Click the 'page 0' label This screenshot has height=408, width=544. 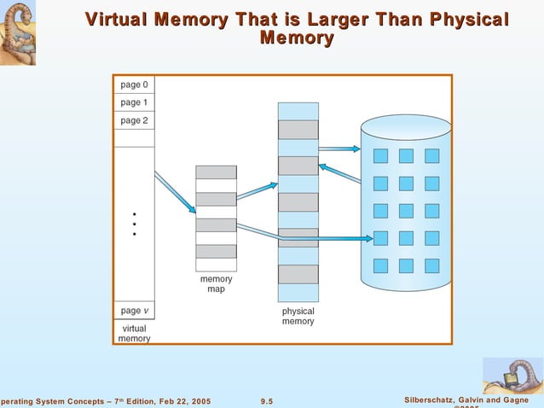pyautogui.click(x=134, y=85)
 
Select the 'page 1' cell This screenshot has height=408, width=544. pyautogui.click(x=134, y=102)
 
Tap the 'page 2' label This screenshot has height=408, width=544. pyautogui.click(x=134, y=120)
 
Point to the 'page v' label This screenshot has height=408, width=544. pyautogui.click(x=134, y=310)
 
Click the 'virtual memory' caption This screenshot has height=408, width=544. pyautogui.click(x=135, y=333)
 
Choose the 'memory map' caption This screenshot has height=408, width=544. pyautogui.click(x=216, y=283)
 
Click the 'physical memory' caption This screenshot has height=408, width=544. pyautogui.click(x=298, y=316)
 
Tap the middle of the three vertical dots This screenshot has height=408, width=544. pyautogui.click(x=134, y=224)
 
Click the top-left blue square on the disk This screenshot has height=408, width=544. pyautogui.click(x=380, y=156)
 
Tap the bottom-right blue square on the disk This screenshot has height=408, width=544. pyautogui.click(x=431, y=265)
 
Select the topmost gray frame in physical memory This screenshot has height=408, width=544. pyautogui.click(x=298, y=130)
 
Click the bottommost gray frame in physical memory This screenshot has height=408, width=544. pyautogui.click(x=298, y=274)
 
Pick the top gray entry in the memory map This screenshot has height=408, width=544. pyautogui.click(x=216, y=172)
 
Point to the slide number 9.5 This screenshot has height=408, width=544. pyautogui.click(x=267, y=401)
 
